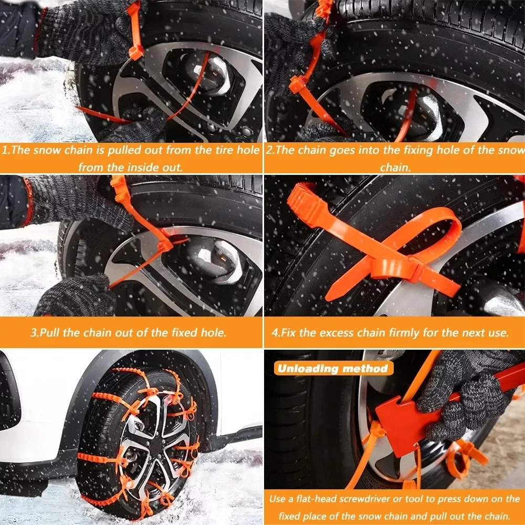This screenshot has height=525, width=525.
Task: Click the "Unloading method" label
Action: click(332, 368)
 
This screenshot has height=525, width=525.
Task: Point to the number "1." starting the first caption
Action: click(7, 150)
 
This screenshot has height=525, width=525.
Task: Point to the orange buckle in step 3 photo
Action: click(165, 243)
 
